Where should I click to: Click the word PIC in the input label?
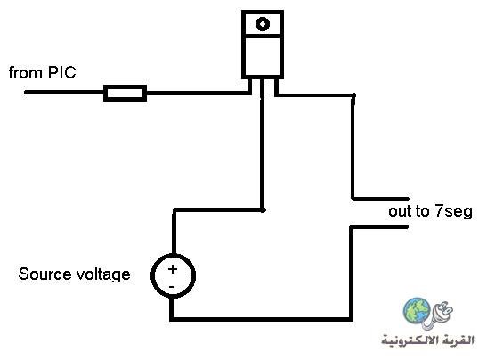pos(61,73)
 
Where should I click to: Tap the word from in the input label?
pos(26,73)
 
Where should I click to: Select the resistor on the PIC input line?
pos(125,93)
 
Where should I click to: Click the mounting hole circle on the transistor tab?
pos(263,23)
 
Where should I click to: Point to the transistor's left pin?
pos(249,86)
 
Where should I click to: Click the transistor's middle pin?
pos(262,89)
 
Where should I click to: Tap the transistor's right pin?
pos(276,87)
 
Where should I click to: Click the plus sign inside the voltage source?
pos(173,269)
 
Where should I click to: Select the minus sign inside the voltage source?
pos(171,287)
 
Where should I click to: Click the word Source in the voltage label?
pos(45,274)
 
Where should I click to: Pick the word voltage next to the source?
pos(103,274)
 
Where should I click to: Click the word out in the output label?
pos(400,211)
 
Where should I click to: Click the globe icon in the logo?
pos(417,310)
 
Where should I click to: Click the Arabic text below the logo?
pos(427,340)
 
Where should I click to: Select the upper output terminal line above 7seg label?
pos(380,199)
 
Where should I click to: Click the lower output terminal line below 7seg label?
pos(379,227)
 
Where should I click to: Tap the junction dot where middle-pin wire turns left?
pos(263,209)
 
